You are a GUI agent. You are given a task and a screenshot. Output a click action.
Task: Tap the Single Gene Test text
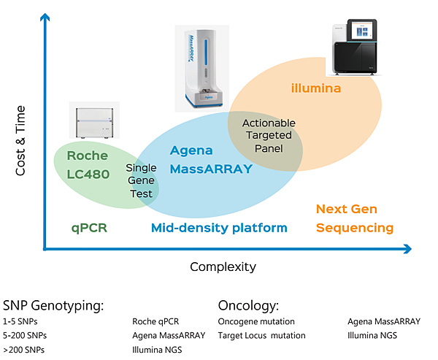(x=141, y=180)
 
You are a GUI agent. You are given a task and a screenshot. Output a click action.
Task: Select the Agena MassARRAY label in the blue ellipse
(x=210, y=160)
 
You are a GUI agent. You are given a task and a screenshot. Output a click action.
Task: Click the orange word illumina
(x=316, y=89)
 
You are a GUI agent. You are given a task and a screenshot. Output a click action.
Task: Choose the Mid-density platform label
(x=219, y=228)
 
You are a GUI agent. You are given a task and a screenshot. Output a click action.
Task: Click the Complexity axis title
(x=223, y=267)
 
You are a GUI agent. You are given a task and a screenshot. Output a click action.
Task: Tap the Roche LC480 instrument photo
(x=93, y=122)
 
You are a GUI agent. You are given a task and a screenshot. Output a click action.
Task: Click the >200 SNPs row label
(x=23, y=350)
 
